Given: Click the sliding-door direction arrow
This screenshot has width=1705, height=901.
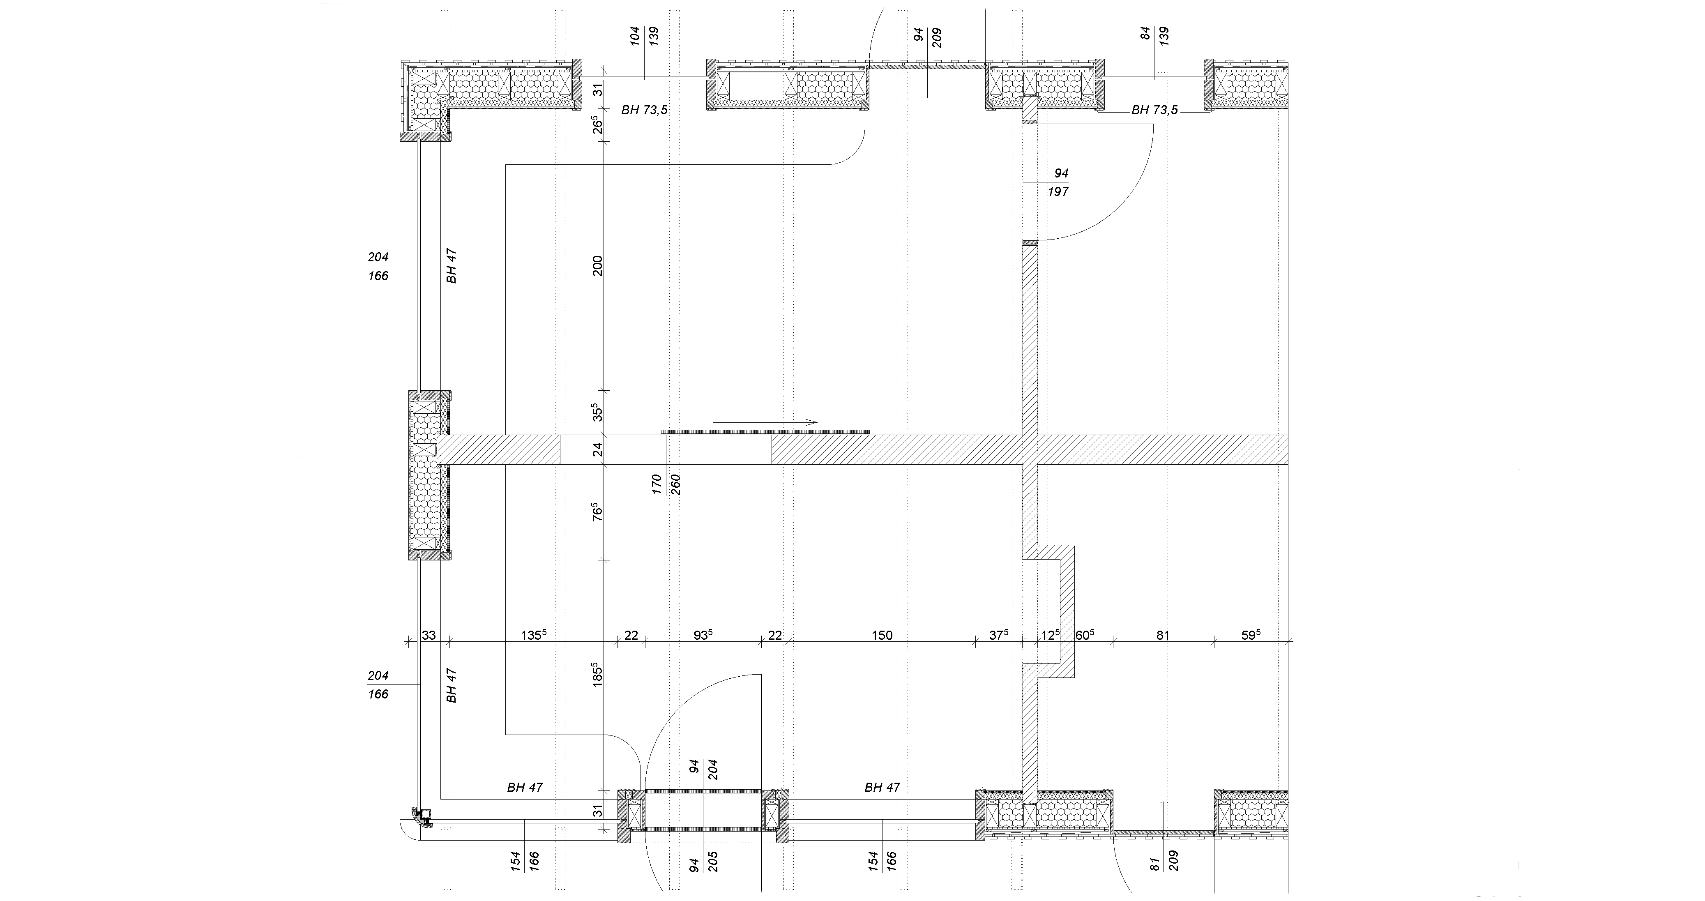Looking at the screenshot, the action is tap(765, 422).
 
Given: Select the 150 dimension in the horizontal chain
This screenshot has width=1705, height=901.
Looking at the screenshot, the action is tap(882, 636).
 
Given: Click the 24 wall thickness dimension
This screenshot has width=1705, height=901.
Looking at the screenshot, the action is tap(598, 449).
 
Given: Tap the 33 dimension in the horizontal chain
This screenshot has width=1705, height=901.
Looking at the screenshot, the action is tap(429, 636).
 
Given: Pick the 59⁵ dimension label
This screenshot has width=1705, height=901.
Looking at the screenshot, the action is tap(1250, 635).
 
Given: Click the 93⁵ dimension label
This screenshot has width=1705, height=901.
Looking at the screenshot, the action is tap(702, 635).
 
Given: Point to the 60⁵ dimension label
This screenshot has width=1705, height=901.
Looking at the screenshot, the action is tap(1084, 635).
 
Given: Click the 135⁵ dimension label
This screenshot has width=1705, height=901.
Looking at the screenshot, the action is tap(533, 635).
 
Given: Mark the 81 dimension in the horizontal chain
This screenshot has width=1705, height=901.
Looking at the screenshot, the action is tap(1163, 636).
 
